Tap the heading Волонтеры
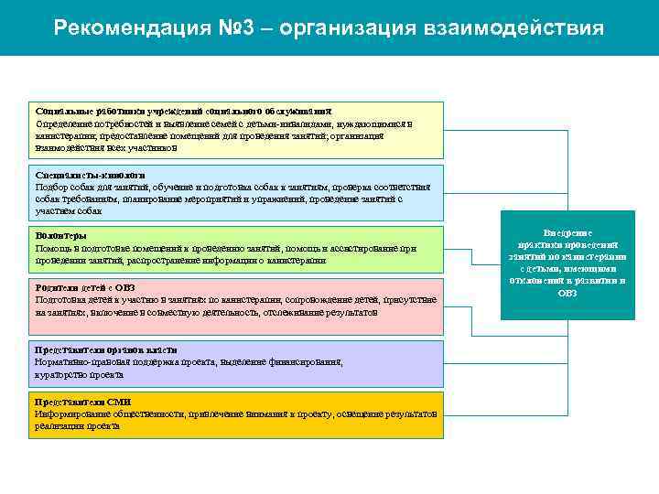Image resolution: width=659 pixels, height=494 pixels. tap(62, 236)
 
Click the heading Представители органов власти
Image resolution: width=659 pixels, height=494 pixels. tap(106, 350)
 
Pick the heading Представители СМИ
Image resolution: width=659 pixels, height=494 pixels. tap(83, 402)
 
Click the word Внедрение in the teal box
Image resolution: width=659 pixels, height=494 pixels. tap(567, 233)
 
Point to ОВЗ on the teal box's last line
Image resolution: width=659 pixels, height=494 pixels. tap(567, 293)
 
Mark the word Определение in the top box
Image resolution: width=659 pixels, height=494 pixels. tap(65, 123)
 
